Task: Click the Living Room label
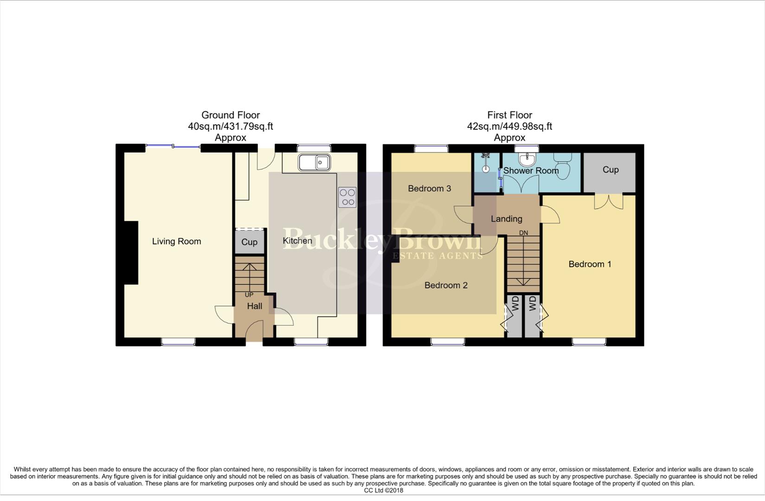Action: pyautogui.click(x=176, y=241)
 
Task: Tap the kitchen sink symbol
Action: pyautogui.click(x=314, y=163)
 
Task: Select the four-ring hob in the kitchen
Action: pyautogui.click(x=347, y=197)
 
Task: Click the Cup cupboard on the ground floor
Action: pyautogui.click(x=249, y=242)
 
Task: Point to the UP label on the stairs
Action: pyautogui.click(x=249, y=295)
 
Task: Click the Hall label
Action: pyautogui.click(x=254, y=306)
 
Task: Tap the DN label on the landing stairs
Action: pyautogui.click(x=523, y=233)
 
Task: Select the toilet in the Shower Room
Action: pyautogui.click(x=564, y=165)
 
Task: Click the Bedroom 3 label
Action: pyautogui.click(x=429, y=188)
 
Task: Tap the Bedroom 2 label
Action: pyautogui.click(x=446, y=285)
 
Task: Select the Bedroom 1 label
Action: pyautogui.click(x=590, y=264)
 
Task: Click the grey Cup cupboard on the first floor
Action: pyautogui.click(x=610, y=170)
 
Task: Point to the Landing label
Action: pyautogui.click(x=506, y=218)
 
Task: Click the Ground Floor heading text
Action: pyautogui.click(x=231, y=115)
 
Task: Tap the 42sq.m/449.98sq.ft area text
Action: pyautogui.click(x=509, y=126)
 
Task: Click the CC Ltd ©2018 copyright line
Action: pyautogui.click(x=383, y=490)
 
